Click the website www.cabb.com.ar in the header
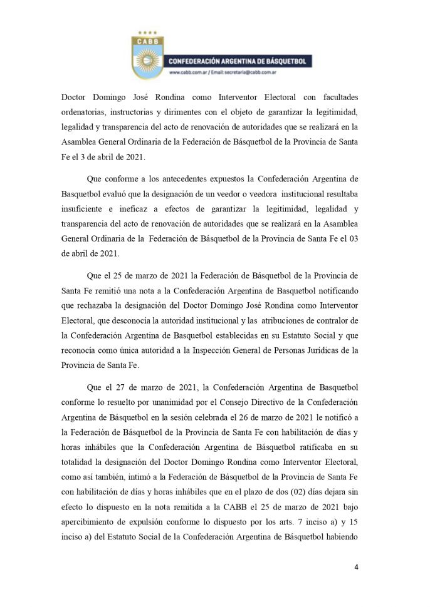(189, 73)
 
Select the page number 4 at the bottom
(356, 568)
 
